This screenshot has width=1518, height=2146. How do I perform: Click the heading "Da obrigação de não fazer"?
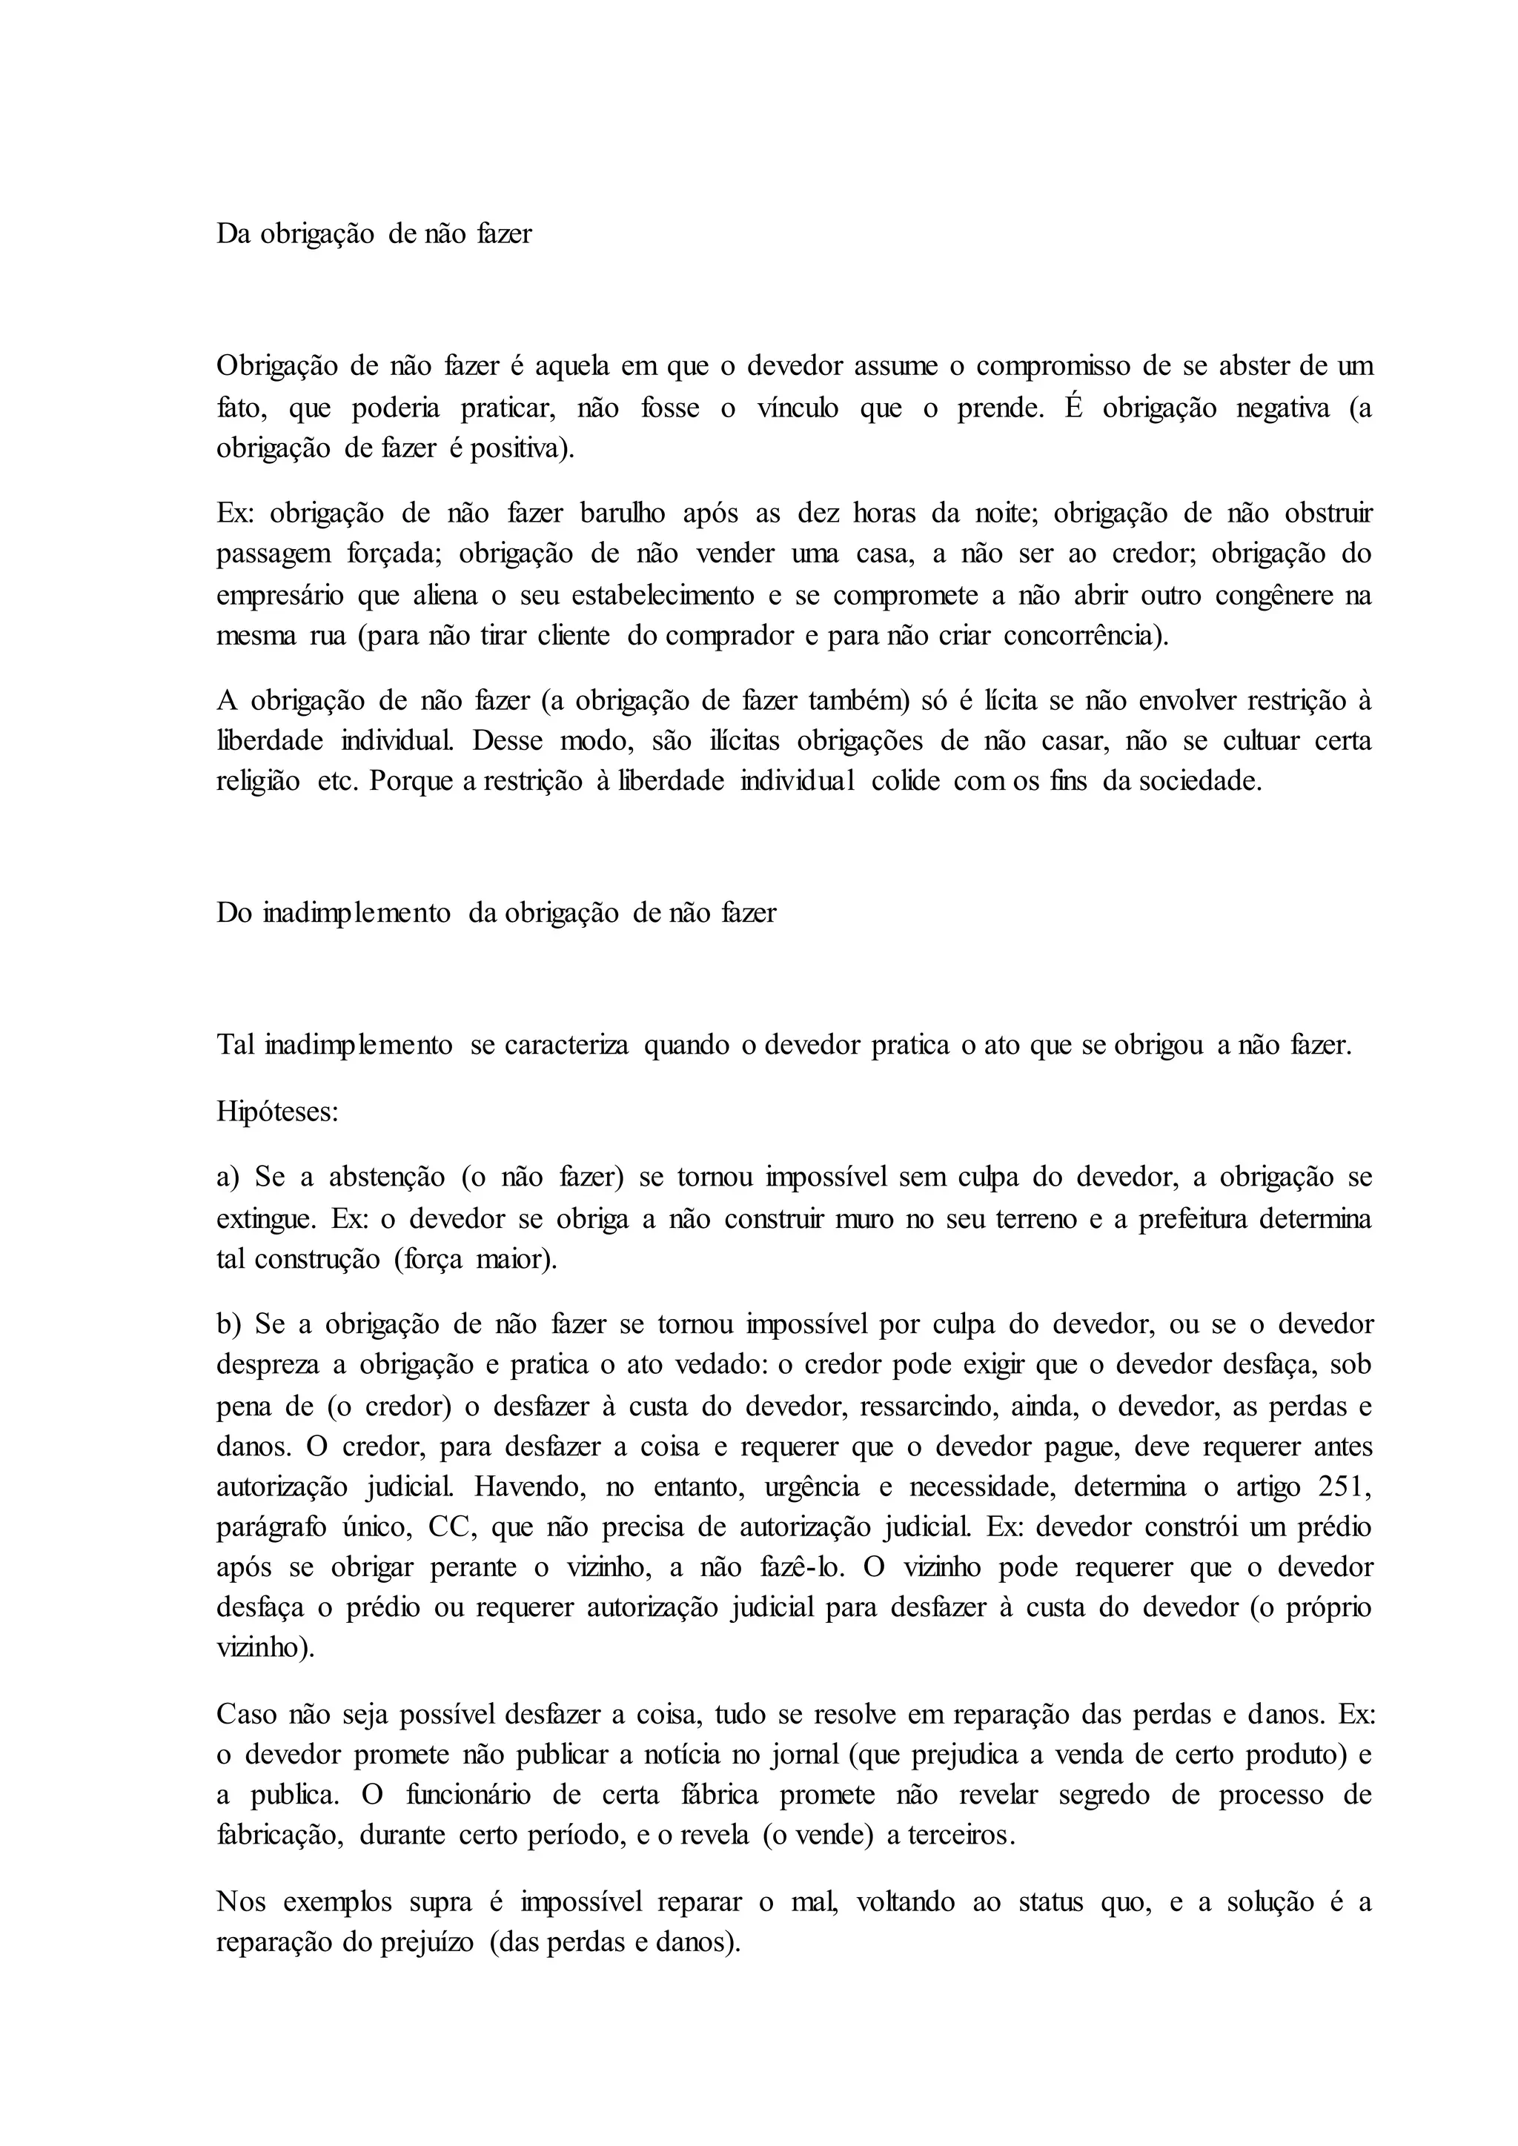pyautogui.click(x=374, y=233)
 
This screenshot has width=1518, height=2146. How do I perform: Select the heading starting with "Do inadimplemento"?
pyautogui.click(x=497, y=912)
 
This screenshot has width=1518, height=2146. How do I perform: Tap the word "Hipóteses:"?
pyautogui.click(x=276, y=1112)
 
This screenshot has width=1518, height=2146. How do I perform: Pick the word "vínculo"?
pyautogui.click(x=798, y=408)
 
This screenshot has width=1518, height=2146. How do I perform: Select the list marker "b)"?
pyautogui.click(x=229, y=1324)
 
